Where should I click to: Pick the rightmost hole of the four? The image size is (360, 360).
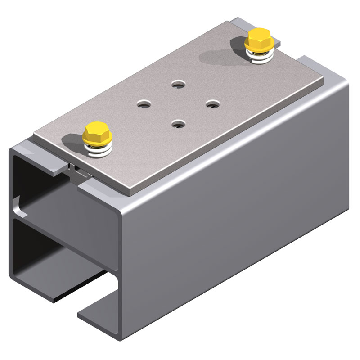(211, 103)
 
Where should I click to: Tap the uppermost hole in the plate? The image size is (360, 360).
(178, 84)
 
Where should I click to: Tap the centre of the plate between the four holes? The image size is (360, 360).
(178, 103)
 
